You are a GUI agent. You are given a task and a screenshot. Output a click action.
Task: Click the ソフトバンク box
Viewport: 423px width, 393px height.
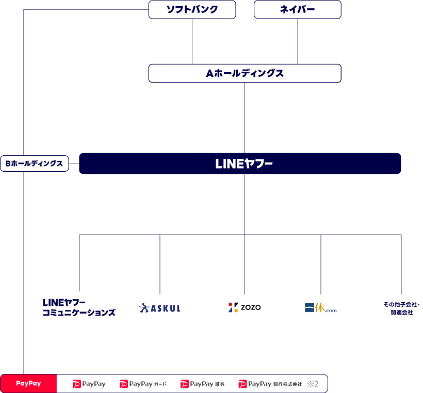pos(192,9)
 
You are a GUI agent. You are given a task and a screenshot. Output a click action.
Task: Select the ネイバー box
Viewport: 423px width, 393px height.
pos(298,9)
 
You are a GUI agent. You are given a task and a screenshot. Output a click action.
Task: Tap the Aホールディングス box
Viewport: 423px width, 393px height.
pos(245,73)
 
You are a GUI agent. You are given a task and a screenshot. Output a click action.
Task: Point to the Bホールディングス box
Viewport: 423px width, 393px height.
pos(35,163)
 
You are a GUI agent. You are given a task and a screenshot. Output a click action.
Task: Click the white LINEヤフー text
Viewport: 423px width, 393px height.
pos(244,164)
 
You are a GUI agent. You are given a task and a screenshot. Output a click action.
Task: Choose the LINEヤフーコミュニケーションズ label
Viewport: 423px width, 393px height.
pos(79,307)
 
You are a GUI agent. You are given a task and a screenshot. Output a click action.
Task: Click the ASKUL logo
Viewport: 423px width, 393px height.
pos(160,308)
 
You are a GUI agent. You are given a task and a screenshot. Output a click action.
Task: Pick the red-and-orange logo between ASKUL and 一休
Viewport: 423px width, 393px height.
pos(233,308)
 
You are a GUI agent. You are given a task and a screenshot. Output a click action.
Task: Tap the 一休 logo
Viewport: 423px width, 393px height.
pos(320,308)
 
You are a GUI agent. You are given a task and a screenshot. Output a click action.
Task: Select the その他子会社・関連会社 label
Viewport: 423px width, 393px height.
pos(401,308)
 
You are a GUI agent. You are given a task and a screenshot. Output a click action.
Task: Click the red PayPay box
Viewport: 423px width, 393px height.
pos(28,384)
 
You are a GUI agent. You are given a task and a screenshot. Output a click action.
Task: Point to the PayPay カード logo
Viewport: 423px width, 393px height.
pos(143,384)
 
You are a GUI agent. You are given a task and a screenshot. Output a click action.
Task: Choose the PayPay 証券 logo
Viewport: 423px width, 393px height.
pos(202,384)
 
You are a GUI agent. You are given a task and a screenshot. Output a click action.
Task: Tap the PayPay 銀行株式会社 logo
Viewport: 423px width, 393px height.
pos(270,384)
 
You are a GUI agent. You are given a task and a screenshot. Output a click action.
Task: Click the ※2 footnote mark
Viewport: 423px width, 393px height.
pos(313,384)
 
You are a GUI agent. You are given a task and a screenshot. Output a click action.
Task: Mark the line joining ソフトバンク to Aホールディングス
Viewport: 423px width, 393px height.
pos(192,41)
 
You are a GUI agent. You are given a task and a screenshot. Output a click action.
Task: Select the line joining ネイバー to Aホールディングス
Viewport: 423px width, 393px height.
pos(298,41)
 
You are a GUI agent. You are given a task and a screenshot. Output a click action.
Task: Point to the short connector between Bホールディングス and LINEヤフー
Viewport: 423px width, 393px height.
pos(74,163)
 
